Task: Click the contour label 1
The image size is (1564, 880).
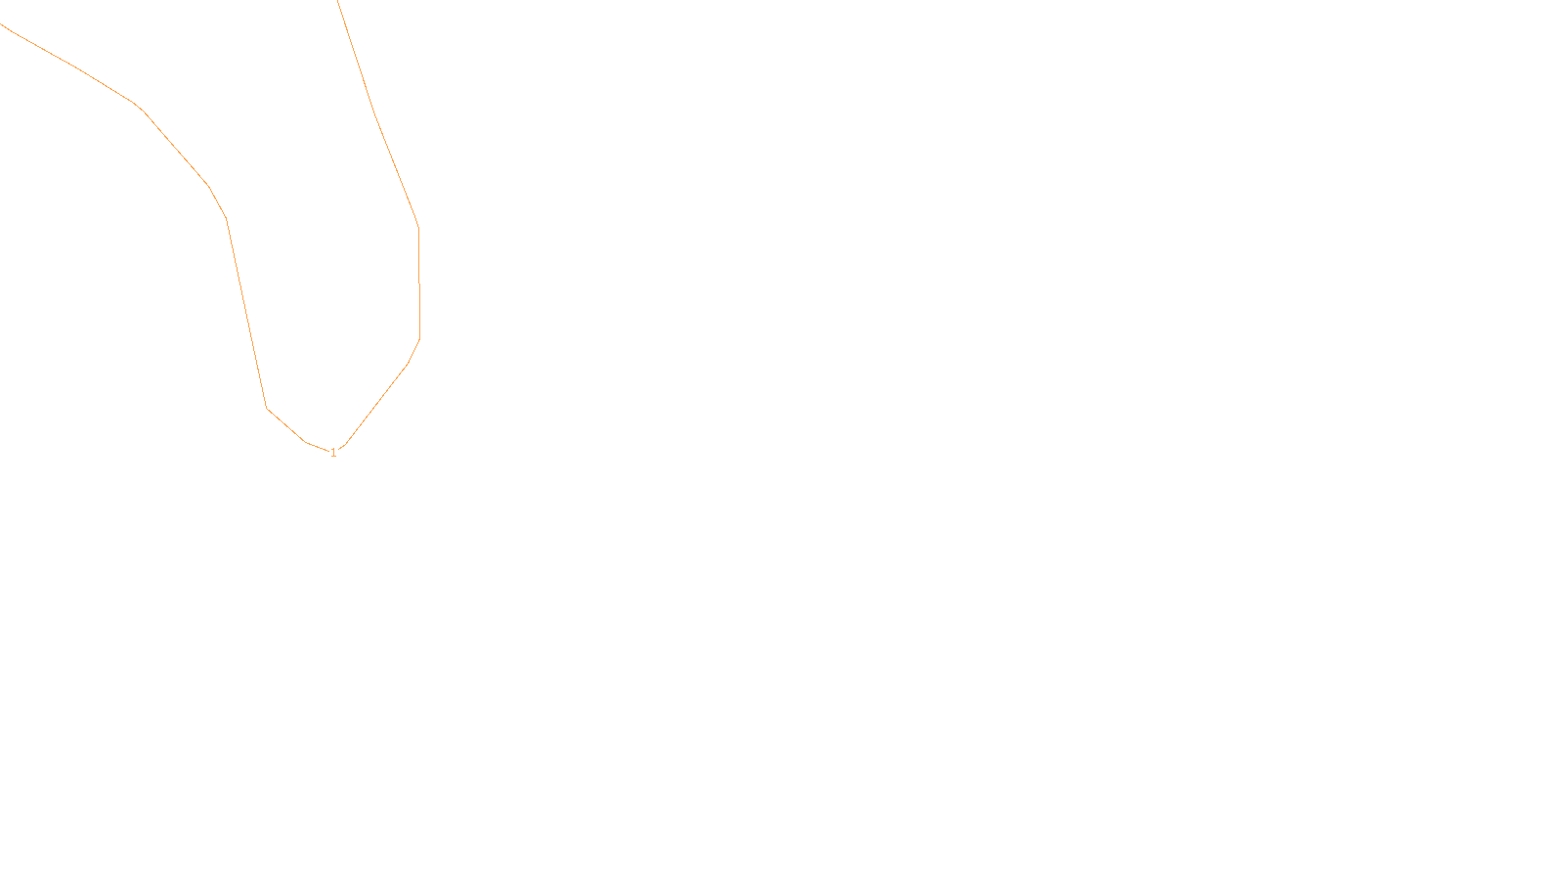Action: pyautogui.click(x=333, y=453)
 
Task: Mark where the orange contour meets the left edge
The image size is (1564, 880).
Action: pyautogui.click(x=1, y=23)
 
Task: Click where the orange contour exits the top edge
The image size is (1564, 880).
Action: pyautogui.click(x=338, y=1)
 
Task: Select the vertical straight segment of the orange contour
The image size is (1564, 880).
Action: pyautogui.click(x=419, y=284)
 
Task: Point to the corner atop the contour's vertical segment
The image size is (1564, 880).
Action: pyautogui.click(x=418, y=227)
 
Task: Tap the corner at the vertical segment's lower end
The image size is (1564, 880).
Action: pyautogui.click(x=420, y=338)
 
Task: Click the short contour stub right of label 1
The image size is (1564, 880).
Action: pyautogui.click(x=342, y=447)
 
